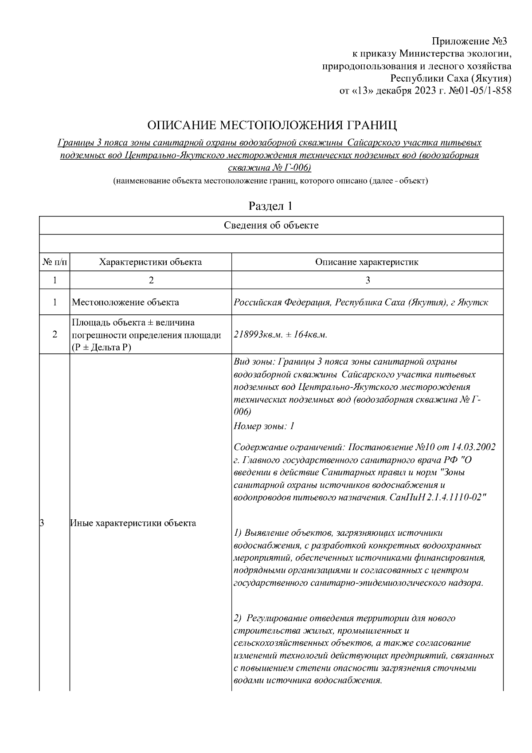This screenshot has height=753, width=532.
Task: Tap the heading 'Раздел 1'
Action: (x=270, y=206)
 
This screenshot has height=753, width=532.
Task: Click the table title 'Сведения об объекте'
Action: (x=271, y=225)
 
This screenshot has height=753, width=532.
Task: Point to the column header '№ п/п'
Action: (x=55, y=262)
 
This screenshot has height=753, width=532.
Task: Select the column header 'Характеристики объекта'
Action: (x=150, y=262)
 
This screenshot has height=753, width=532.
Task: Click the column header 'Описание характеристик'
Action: (x=367, y=262)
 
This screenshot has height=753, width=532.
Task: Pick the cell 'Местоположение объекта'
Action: (x=125, y=302)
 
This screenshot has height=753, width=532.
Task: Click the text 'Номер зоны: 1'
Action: (x=264, y=427)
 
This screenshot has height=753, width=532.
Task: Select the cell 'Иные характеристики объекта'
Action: (x=133, y=523)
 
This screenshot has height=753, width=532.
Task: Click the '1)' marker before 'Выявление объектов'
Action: (x=238, y=533)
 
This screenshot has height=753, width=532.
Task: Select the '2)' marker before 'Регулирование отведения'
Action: (x=238, y=618)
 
